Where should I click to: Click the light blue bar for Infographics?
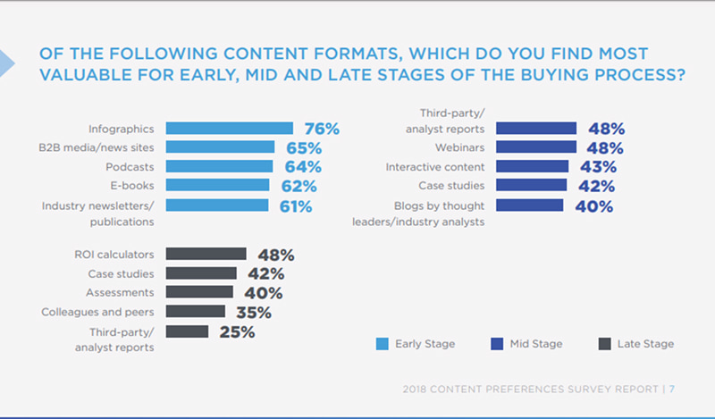[230, 129]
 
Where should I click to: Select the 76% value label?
[321, 129]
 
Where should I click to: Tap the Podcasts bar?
[220, 166]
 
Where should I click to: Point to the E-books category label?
[133, 185]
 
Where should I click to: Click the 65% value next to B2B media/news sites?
[303, 147]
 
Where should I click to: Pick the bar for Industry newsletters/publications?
[217, 205]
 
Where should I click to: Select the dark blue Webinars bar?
[534, 147]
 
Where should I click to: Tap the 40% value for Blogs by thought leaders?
[593, 206]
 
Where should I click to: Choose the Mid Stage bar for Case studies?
[531, 186]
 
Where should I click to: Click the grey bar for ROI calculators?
[206, 255]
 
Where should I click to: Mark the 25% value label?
[236, 331]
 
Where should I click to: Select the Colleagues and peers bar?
[195, 312]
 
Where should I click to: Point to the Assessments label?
[121, 293]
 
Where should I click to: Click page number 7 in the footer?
[671, 389]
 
